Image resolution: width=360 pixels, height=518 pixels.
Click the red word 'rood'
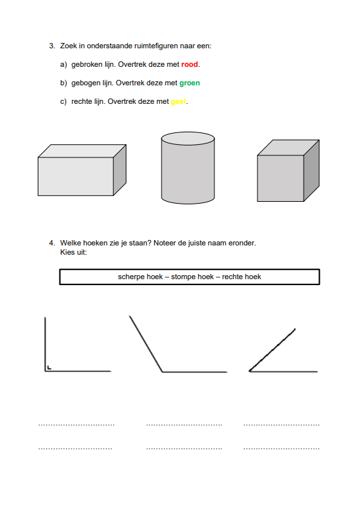tap(189, 64)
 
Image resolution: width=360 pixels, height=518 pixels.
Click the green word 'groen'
tap(190, 83)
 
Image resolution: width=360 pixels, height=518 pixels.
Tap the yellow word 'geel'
tap(178, 102)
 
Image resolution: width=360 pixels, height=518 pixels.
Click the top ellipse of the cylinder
tap(188, 138)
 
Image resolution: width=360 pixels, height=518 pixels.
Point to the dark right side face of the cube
tap(312, 171)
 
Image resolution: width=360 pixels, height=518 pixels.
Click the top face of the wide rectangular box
tap(82, 151)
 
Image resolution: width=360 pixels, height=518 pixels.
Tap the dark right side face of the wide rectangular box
tap(120, 170)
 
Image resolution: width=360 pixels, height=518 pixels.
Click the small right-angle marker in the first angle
tap(49, 368)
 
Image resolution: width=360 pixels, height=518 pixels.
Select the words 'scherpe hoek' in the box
tap(140, 277)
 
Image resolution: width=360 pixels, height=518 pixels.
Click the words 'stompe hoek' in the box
tap(192, 277)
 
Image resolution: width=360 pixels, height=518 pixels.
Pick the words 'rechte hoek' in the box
tap(242, 277)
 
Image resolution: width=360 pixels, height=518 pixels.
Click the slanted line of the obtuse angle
tap(146, 344)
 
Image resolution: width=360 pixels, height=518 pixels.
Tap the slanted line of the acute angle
tap(272, 350)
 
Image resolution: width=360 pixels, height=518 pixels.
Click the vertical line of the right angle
tap(45, 344)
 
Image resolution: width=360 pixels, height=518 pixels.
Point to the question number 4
tap(52, 243)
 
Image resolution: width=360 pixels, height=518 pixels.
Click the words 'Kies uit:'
tap(73, 253)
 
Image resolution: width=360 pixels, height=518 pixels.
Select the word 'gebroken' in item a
tap(87, 64)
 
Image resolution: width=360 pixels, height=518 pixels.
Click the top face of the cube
tap(289, 148)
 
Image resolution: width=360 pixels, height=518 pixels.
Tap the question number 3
tap(52, 46)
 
